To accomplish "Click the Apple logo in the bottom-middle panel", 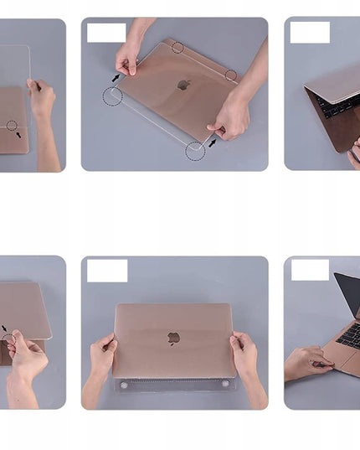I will pos(174,339).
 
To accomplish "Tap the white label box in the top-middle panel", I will pos(106,33).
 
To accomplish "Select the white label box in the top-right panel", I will pos(310,33).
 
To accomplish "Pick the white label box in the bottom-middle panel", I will pos(107,271).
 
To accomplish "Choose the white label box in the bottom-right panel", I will pos(310,270).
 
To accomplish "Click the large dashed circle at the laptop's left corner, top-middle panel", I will pos(112,96).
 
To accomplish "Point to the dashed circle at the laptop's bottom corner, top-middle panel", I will pos(195,151).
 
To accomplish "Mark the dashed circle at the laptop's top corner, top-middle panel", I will pos(177,48).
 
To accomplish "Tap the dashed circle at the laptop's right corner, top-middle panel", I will pos(230,75).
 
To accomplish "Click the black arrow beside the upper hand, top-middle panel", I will pos(116,78).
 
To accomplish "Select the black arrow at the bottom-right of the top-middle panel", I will pos(213,142).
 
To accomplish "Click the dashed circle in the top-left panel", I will pos(12,126).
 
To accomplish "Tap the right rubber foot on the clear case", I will pos(225,384).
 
